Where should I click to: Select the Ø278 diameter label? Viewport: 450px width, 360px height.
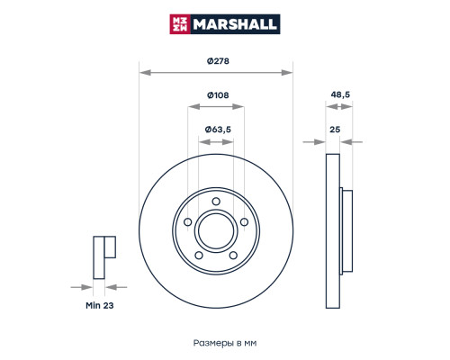[216, 60]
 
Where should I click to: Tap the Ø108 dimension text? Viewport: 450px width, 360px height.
[216, 95]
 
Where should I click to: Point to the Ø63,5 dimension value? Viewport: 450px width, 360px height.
[218, 130]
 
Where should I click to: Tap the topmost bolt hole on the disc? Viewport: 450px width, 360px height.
[217, 202]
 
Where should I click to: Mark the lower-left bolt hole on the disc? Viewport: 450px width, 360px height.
[199, 255]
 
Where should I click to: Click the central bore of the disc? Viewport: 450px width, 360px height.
[216, 230]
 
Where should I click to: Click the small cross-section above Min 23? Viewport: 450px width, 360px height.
[102, 256]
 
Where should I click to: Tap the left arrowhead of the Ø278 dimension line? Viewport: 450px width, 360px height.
[143, 69]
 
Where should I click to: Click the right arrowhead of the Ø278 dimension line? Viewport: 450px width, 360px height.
[290, 69]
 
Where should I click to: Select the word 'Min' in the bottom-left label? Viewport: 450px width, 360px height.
[92, 306]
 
